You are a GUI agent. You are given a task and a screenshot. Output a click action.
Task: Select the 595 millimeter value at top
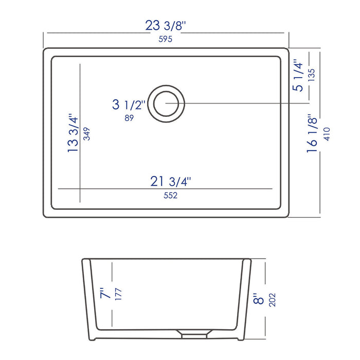(x=165, y=39)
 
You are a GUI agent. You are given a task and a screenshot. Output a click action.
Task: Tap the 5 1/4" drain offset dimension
(x=298, y=75)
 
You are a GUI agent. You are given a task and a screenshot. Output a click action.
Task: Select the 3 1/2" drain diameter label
(x=129, y=105)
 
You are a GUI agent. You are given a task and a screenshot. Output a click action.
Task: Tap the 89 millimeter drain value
(x=130, y=118)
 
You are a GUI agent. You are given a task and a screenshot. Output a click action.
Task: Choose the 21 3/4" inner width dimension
(x=171, y=181)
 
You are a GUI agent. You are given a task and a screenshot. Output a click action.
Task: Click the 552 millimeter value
(x=171, y=195)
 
